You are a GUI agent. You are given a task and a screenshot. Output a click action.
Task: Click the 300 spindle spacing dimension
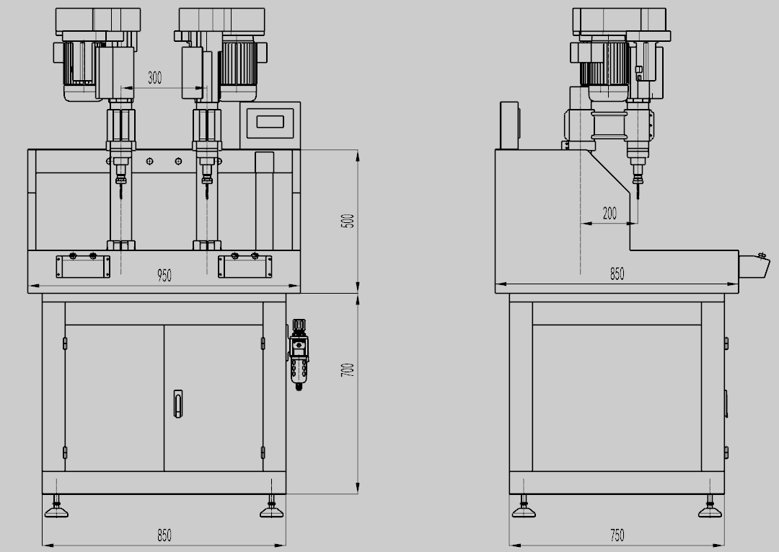(x=154, y=77)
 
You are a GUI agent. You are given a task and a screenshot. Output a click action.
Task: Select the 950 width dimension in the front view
(x=164, y=275)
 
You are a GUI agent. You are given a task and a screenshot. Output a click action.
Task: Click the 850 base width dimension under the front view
(x=164, y=535)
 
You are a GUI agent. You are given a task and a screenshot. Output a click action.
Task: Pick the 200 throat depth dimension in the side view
(x=609, y=213)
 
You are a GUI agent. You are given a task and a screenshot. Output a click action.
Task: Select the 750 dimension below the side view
(x=617, y=535)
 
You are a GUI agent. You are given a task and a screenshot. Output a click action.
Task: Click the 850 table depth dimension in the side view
(x=617, y=273)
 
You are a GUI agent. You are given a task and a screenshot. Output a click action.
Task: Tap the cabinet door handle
(x=177, y=403)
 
